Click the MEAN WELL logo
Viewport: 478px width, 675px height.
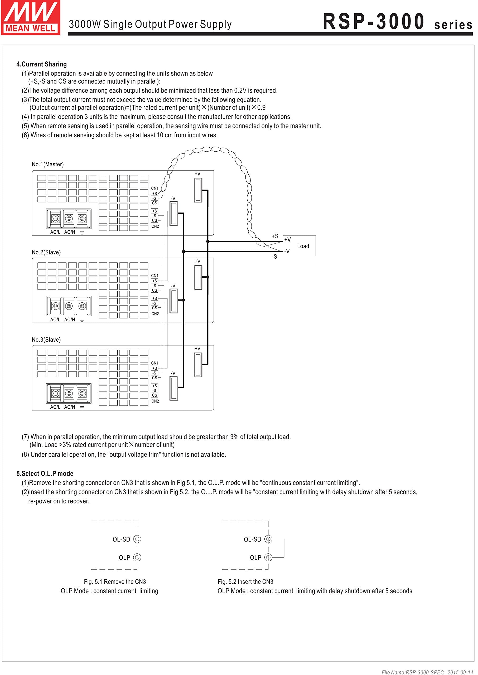(30, 18)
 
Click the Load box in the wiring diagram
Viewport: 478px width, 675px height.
(299, 246)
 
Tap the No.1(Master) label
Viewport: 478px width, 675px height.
(48, 164)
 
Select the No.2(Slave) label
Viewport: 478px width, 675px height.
(46, 252)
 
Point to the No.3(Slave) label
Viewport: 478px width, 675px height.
(46, 340)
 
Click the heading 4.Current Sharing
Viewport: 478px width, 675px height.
(41, 64)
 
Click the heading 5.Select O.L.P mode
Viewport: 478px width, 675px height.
(45, 474)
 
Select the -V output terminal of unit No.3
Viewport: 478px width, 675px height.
(174, 389)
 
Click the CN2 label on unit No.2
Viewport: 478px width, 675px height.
(155, 314)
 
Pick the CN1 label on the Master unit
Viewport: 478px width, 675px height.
(154, 188)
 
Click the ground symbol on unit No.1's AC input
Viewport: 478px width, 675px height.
(82, 232)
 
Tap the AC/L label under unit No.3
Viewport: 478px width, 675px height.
(55, 407)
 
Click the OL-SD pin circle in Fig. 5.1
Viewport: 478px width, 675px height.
(137, 539)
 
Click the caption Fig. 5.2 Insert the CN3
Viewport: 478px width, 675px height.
(245, 582)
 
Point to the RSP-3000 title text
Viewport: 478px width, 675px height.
(374, 22)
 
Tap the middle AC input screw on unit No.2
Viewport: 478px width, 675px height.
(69, 306)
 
